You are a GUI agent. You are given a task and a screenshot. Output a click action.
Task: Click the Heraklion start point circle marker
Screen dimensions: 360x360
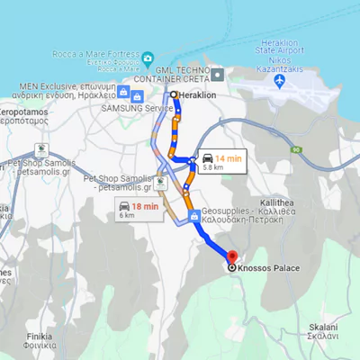click(174, 94)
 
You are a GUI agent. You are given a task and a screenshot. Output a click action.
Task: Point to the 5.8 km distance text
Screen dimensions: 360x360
click(213, 167)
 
